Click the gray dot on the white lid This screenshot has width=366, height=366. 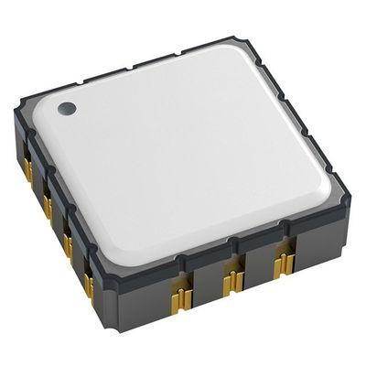pos(66,109)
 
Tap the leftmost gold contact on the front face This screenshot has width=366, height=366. pos(182,296)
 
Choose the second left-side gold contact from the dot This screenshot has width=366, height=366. pos(47,205)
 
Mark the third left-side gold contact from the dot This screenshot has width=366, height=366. pos(67,242)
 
